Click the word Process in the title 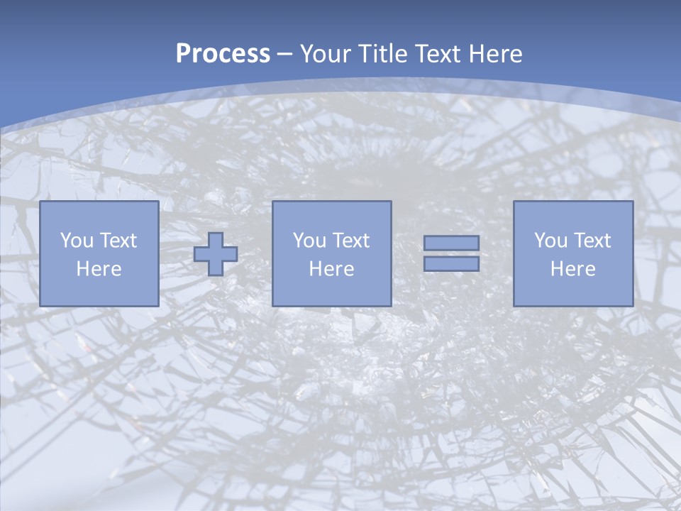223,54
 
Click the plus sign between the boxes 216,254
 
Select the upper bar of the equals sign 451,243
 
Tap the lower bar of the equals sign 451,264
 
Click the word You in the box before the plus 77,241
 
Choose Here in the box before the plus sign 99,269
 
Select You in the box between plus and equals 309,241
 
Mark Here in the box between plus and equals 332,269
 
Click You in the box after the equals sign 550,241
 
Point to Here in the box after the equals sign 573,269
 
